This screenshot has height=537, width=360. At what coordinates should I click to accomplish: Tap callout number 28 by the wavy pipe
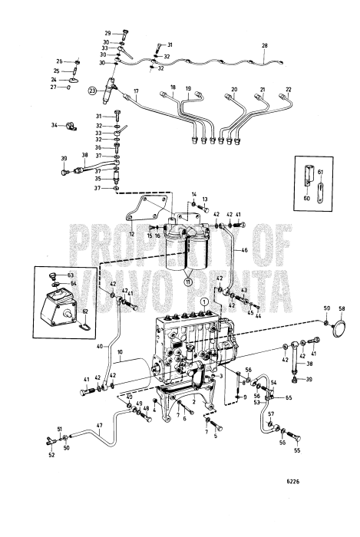[265, 46]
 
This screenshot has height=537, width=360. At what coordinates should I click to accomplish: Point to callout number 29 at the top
[107, 33]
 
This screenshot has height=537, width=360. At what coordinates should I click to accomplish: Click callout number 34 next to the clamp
[54, 125]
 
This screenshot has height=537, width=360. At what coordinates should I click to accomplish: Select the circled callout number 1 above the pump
[204, 302]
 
